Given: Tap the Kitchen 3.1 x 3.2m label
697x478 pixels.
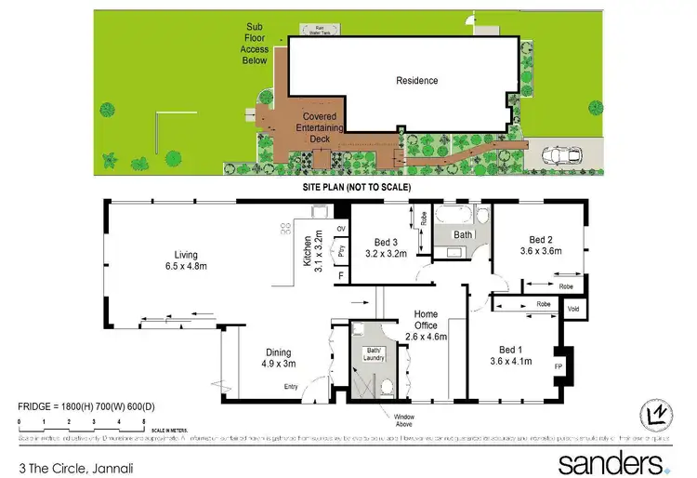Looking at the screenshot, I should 311,247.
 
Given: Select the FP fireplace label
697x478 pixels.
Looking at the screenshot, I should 559,366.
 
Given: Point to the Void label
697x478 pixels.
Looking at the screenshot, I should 573,309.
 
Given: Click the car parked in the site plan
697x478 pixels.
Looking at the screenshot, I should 563,153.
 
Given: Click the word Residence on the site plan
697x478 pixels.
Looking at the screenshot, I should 416,81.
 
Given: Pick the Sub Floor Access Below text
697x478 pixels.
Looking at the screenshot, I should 255,44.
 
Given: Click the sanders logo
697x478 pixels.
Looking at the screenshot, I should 612,462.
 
